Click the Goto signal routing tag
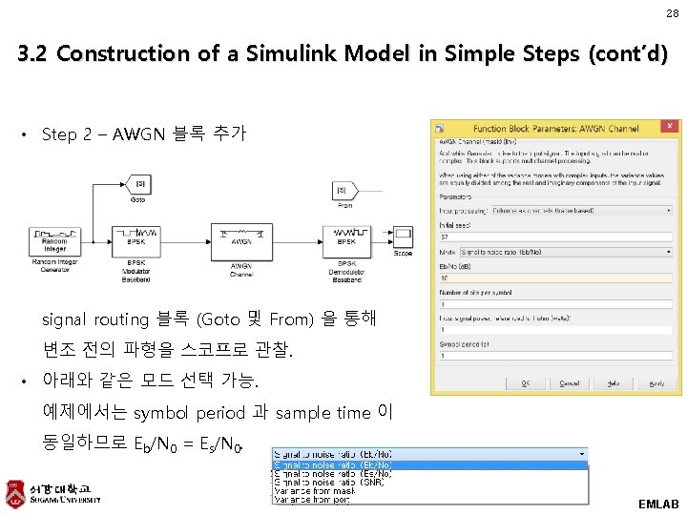coord(139,184)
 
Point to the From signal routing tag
coord(344,191)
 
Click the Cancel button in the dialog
coord(569,383)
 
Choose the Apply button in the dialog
coord(656,383)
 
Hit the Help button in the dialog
coord(614,383)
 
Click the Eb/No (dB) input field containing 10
coord(556,278)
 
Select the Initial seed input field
coord(556,236)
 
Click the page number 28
coord(672,13)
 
